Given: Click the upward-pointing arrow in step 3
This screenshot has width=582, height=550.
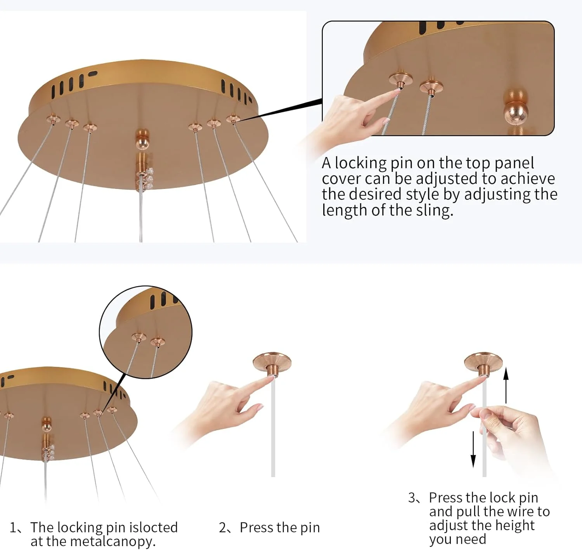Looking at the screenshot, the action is click(506, 385).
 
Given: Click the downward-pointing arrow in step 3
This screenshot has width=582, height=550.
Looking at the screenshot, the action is click(473, 450).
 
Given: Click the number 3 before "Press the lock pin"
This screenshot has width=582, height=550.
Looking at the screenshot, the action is click(412, 498).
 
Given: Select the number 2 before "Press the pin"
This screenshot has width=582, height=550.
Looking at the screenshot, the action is click(223, 528).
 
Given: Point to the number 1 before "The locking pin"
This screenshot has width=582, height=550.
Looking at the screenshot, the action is click(13, 528).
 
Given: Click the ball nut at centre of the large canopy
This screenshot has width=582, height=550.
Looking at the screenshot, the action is click(142, 139).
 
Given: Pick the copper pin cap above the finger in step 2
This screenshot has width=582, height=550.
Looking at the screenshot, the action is click(272, 363).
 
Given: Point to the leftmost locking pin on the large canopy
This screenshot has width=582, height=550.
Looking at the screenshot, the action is click(53, 119).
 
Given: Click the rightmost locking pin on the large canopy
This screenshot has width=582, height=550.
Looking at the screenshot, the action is click(233, 119).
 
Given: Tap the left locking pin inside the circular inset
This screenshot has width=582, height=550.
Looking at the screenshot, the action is click(139, 337).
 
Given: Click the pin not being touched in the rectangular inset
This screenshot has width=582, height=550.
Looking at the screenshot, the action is click(431, 87).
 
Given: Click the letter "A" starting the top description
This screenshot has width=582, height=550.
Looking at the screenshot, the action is click(326, 163).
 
